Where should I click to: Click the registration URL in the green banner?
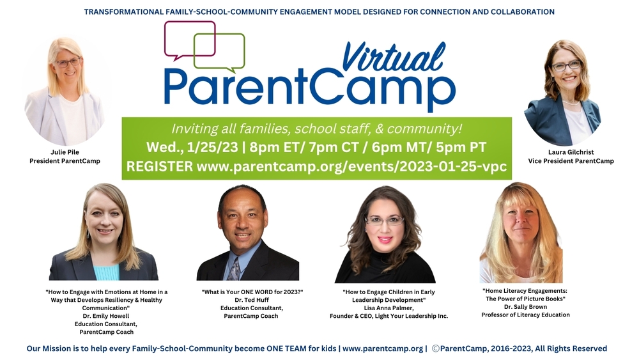coord(351,166)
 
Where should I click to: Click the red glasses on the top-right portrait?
coord(566,66)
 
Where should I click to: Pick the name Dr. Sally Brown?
coord(525,306)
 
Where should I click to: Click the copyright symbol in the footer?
coord(436,348)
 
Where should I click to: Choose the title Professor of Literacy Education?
coord(525,315)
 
